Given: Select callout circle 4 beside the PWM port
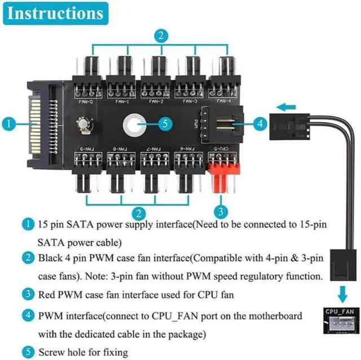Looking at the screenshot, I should coord(259,123).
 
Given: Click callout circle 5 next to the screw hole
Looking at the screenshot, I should coord(162,123).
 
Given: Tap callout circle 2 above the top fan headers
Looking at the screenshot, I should coord(161,37).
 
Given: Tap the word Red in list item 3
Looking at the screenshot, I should coord(49,294).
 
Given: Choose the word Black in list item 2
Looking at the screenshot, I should coord(51,259).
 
